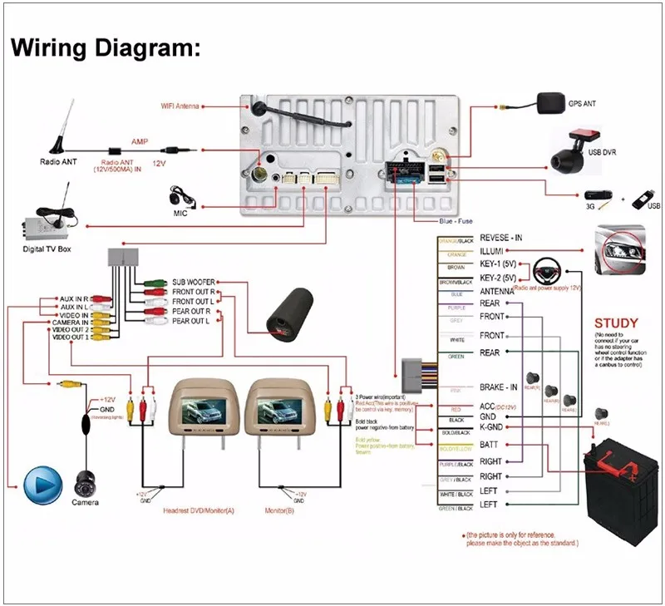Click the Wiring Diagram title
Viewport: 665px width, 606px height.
(x=106, y=48)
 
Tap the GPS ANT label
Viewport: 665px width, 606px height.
(x=583, y=105)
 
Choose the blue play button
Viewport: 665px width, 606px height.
(x=43, y=485)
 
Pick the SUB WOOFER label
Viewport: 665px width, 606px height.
(x=194, y=283)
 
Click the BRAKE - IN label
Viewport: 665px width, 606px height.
(x=499, y=388)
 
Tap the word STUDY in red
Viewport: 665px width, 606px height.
(x=616, y=323)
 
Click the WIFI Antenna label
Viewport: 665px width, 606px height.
(x=180, y=106)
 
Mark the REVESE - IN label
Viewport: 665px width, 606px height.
(x=501, y=239)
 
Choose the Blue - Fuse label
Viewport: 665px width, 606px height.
(x=456, y=221)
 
